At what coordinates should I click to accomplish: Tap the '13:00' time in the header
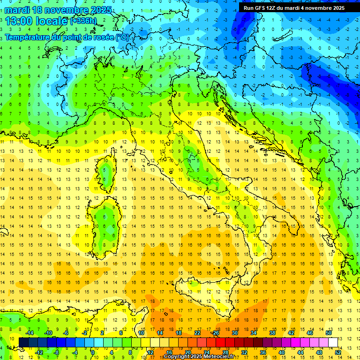click(18, 21)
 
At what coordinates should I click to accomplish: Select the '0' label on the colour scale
click(93, 352)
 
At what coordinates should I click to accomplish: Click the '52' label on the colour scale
click(337, 352)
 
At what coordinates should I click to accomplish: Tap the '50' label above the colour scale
click(329, 333)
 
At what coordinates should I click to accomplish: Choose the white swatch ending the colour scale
click(333, 342)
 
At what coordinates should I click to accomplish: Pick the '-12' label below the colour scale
click(39, 352)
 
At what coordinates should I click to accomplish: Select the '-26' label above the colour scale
click(215, 333)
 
